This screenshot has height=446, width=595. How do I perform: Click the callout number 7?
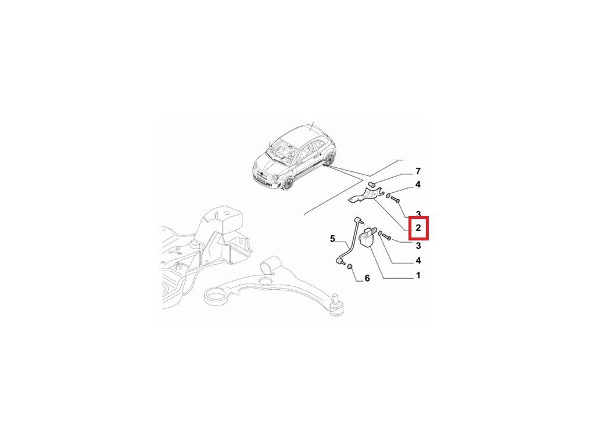coord(418,171)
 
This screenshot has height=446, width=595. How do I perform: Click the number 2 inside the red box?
coord(418,228)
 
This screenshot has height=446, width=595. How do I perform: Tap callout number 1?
coord(418,275)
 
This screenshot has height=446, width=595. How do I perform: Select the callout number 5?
coord(332,239)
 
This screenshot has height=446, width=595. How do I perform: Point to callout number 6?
coord(367,278)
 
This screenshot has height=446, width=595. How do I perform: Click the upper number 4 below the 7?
coord(418,185)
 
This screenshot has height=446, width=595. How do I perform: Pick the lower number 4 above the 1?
coord(418,261)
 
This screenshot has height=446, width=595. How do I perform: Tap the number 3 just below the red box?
coord(418,246)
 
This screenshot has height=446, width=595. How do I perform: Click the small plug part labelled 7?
coord(372,185)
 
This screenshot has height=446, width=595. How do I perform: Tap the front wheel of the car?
coord(287,184)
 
